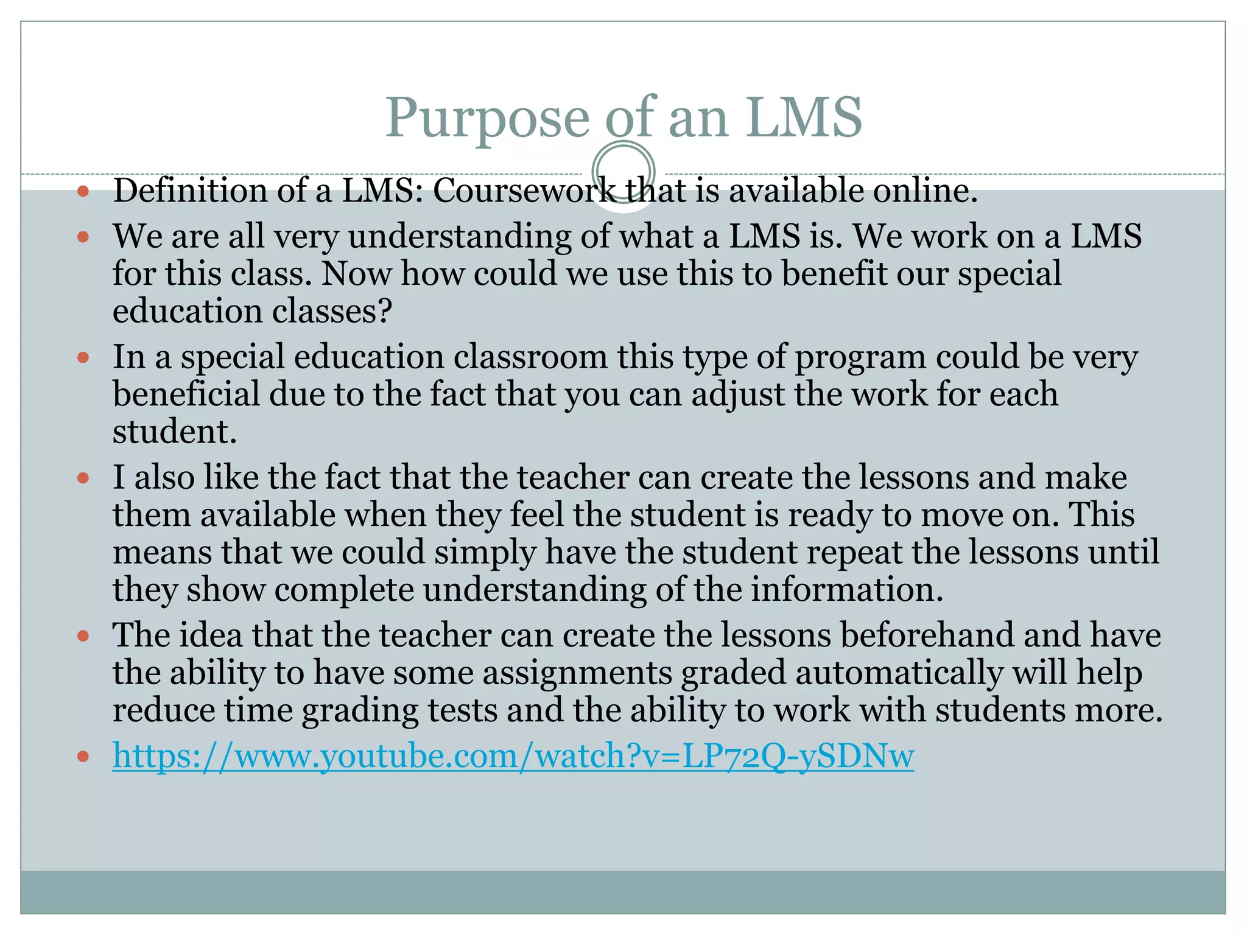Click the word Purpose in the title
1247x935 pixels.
click(x=487, y=118)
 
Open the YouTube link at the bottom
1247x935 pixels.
click(x=513, y=757)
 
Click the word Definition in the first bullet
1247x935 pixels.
click(x=190, y=191)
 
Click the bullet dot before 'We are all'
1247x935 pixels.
click(x=83, y=237)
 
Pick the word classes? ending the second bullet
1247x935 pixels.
click(x=332, y=311)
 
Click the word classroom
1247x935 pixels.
click(x=530, y=357)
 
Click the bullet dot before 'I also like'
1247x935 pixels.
click(x=83, y=478)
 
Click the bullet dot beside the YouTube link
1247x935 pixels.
click(x=83, y=757)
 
